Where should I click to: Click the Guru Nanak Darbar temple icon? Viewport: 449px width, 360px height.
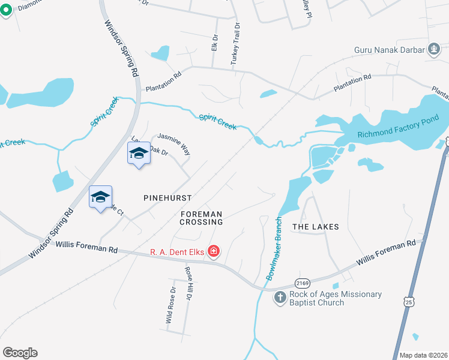[x=433, y=49]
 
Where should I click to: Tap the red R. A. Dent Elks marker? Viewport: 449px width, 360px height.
[x=213, y=251]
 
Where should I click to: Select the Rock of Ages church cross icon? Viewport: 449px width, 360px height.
[x=280, y=298]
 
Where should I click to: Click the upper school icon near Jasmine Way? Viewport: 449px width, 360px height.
[x=139, y=154]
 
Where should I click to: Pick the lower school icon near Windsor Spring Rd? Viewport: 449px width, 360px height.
[x=101, y=197]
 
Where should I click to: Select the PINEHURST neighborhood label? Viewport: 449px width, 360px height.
[x=167, y=197]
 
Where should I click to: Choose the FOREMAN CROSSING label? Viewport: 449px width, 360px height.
[x=202, y=218]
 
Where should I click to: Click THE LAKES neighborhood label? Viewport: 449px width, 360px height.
[x=315, y=227]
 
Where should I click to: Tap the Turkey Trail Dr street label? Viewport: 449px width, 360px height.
[x=235, y=44]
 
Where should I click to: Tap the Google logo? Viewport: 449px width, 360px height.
[x=20, y=353]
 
